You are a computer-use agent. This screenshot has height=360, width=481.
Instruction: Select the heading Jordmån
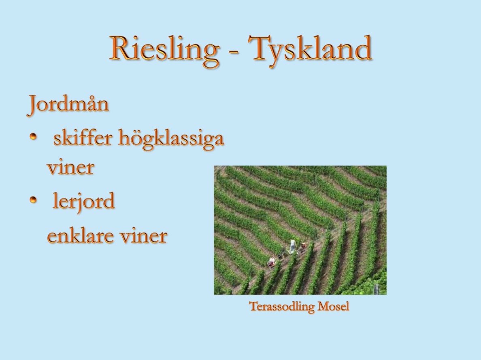click(x=68, y=104)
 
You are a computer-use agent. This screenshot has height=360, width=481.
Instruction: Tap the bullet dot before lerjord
click(x=33, y=200)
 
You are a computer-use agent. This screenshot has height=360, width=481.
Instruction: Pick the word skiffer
click(x=83, y=138)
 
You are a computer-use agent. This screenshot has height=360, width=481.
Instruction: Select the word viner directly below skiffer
click(x=70, y=167)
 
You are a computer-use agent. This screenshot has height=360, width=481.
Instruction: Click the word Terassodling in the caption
click(x=282, y=306)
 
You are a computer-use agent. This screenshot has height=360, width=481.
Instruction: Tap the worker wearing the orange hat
click(x=303, y=246)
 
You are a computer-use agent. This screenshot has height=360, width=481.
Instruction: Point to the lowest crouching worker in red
click(x=272, y=262)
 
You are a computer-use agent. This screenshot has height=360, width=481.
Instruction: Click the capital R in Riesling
click(x=121, y=48)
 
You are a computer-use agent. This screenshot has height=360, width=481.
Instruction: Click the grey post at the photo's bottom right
click(x=376, y=289)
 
